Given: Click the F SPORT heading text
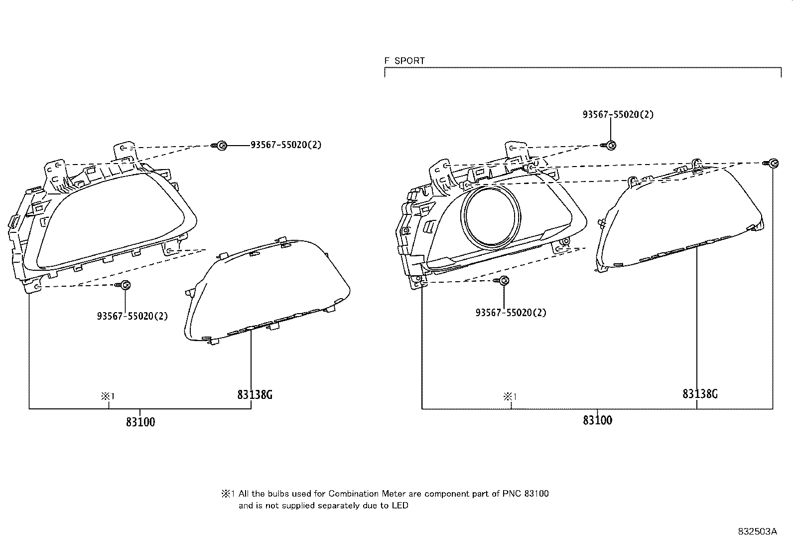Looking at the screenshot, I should [x=404, y=61].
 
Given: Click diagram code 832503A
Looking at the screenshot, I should [x=757, y=531].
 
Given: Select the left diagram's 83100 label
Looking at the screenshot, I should [x=140, y=422].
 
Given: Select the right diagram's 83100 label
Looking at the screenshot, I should [x=597, y=420].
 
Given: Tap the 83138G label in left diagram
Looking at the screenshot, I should [x=255, y=395].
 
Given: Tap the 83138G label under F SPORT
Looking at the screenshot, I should [x=700, y=394].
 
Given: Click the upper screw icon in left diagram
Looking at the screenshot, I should [x=222, y=146].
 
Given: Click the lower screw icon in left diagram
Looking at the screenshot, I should [x=125, y=285].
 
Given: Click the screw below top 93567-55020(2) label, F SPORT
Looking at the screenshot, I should [x=611, y=145].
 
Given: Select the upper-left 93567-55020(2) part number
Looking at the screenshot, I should [x=285, y=145].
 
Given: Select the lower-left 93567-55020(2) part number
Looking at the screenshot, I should [x=132, y=316].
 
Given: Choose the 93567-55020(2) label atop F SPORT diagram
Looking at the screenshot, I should [x=618, y=114].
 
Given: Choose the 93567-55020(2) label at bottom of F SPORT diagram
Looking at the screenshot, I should [x=511, y=313].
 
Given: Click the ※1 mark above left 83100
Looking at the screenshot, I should [x=108, y=396].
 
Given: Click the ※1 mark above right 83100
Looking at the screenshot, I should [x=510, y=397].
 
